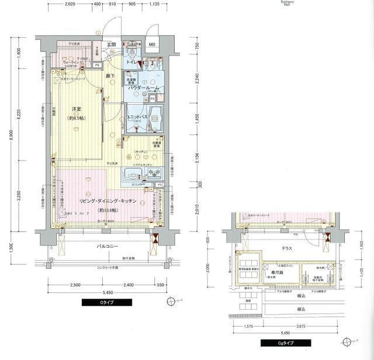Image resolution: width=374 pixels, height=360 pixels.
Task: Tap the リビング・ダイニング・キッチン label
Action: point(108,201)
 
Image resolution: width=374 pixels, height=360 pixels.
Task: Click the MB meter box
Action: point(152,45)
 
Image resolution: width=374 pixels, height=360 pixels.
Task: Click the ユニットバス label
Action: point(137,117)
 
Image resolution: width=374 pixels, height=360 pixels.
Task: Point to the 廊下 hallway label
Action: point(109,76)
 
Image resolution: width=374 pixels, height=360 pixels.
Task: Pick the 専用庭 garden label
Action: point(276,272)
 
